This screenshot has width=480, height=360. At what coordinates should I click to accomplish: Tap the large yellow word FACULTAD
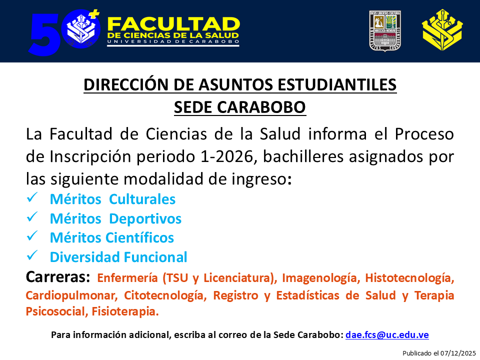pyautogui.click(x=173, y=24)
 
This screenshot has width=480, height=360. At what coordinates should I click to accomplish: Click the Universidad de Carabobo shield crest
pyautogui.click(x=385, y=31)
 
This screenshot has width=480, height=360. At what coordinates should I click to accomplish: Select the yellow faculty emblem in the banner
pyautogui.click(x=442, y=30)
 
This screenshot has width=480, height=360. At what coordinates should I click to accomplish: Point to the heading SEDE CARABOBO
pyautogui.click(x=240, y=107)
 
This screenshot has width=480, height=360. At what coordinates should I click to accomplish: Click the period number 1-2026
pyautogui.click(x=227, y=156)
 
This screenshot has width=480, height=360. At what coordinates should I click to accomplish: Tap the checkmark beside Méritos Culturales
pyautogui.click(x=32, y=197)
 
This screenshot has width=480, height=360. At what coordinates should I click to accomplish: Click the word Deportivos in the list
pyautogui.click(x=145, y=219)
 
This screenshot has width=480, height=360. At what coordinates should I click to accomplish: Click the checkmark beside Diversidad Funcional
pyautogui.click(x=32, y=255)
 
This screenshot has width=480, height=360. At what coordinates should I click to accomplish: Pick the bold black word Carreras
pyautogui.click(x=57, y=276)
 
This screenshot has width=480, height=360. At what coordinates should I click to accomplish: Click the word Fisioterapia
pyautogui.click(x=125, y=311)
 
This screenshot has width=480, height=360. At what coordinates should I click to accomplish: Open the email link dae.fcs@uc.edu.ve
pyautogui.click(x=387, y=335)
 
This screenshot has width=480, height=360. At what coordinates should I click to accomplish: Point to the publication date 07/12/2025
pyautogui.click(x=458, y=353)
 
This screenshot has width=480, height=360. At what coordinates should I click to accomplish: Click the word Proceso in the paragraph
pyautogui.click(x=424, y=134)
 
